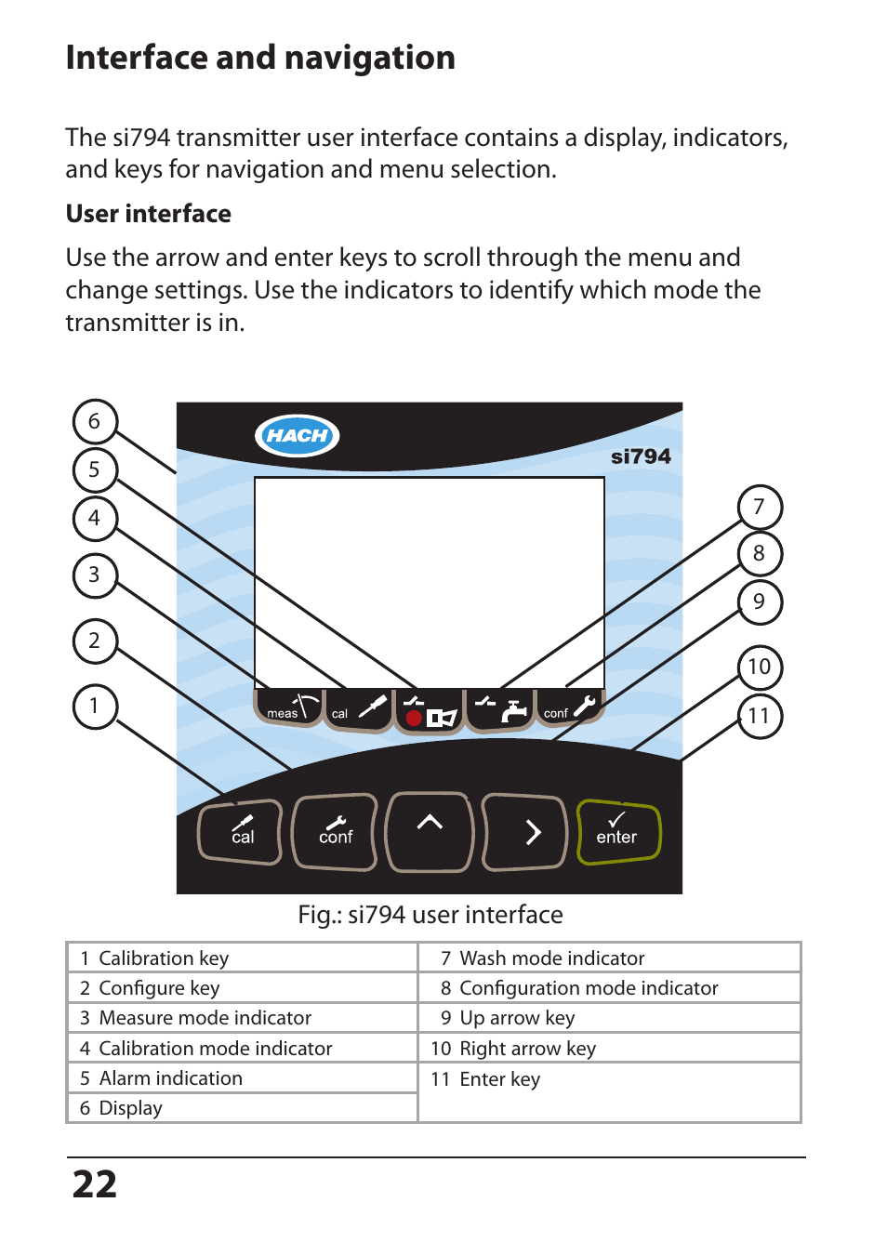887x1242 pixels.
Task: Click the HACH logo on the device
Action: pos(297,435)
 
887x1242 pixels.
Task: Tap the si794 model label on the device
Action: pos(640,456)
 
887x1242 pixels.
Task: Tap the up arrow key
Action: pos(430,831)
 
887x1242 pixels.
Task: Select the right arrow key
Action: pos(525,832)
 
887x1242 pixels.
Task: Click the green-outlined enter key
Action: pos(618,831)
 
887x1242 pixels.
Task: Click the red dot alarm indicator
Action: pos(414,718)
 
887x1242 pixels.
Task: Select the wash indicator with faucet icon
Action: pos(500,710)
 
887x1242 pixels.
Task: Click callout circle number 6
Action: pos(95,421)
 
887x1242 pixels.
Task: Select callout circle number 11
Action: pos(760,716)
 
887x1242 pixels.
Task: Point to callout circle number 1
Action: pos(95,706)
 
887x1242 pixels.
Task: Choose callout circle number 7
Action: pos(760,507)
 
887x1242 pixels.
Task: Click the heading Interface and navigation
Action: pos(260,58)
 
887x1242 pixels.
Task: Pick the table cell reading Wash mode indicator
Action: pos(551,958)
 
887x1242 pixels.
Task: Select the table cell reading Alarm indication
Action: pos(170,1077)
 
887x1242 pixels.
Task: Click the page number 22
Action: pos(95,1184)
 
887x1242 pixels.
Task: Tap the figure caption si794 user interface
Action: pos(430,915)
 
